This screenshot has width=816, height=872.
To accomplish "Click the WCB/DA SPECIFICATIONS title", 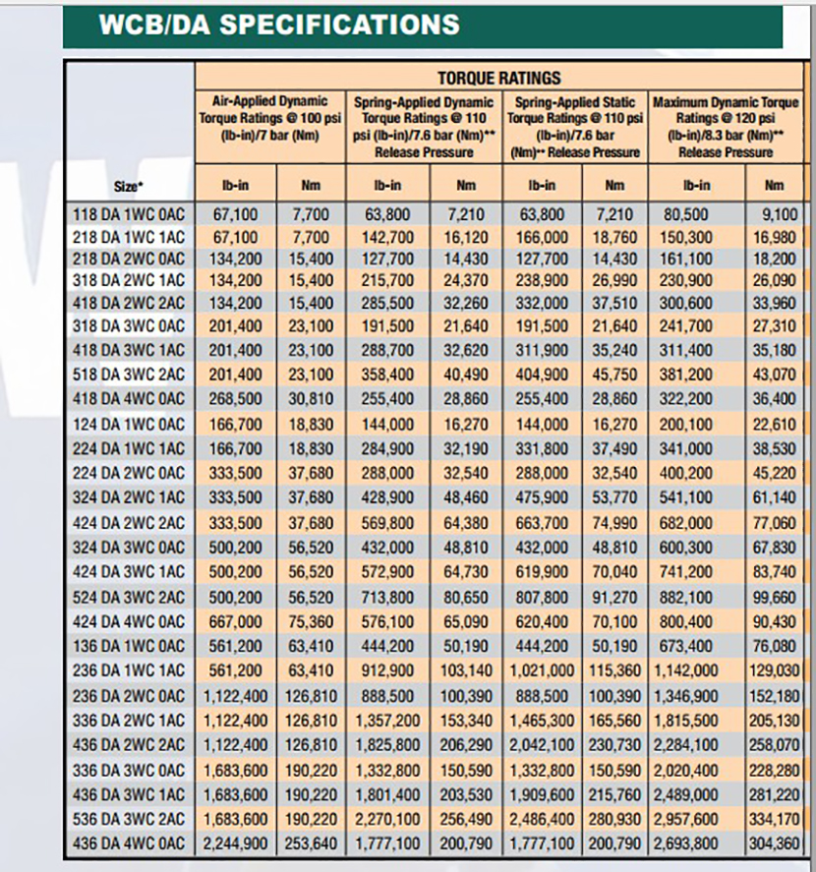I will (x=278, y=25).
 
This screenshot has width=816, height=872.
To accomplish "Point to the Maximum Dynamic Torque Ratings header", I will (x=725, y=126).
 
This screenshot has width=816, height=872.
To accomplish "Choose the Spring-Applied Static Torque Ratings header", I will (x=575, y=126).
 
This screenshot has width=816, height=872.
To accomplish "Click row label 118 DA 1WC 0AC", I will (x=129, y=211).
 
